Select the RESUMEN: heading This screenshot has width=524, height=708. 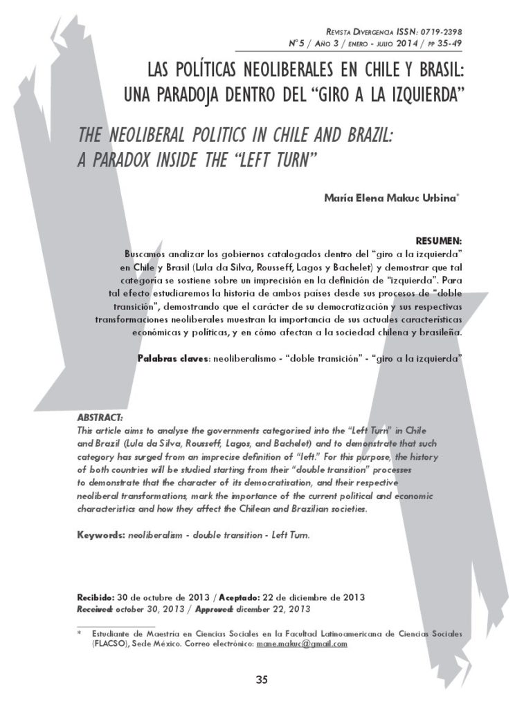tap(438, 240)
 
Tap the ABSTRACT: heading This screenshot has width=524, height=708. tap(100, 418)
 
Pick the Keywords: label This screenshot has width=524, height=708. tap(101, 535)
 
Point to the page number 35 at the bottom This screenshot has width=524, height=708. tap(262, 680)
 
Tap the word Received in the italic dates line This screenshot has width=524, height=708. tap(95, 609)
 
